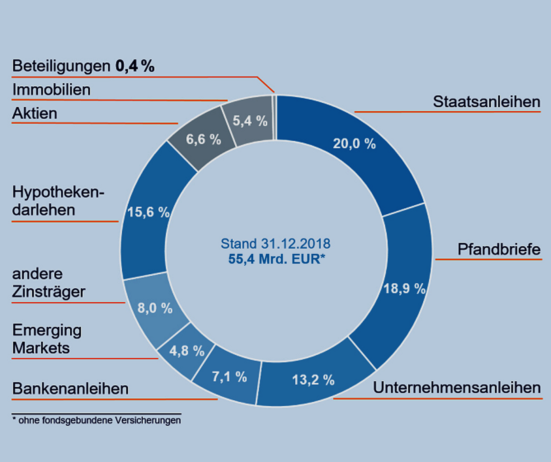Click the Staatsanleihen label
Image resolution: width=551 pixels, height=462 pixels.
click(x=486, y=102)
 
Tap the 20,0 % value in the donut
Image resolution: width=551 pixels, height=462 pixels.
click(x=354, y=144)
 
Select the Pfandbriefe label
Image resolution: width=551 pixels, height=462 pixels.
click(x=499, y=249)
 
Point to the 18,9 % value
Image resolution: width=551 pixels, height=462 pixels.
click(x=404, y=289)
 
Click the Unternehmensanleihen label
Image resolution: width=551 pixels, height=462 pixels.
click(x=456, y=388)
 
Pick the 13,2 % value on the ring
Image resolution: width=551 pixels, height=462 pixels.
click(x=313, y=380)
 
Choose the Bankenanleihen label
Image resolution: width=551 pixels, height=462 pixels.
click(x=70, y=388)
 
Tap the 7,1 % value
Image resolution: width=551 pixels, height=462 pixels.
click(x=229, y=377)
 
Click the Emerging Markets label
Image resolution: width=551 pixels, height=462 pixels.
click(x=47, y=339)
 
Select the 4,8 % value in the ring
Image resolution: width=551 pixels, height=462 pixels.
click(x=187, y=351)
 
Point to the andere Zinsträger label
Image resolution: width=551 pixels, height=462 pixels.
click(x=49, y=283)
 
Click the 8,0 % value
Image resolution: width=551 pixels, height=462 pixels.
click(x=155, y=308)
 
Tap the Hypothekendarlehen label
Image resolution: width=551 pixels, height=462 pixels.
click(x=58, y=201)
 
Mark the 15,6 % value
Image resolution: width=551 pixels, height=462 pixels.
click(x=148, y=212)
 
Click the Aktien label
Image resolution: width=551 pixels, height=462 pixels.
click(x=35, y=113)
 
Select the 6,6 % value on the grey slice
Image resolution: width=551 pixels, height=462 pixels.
click(x=204, y=140)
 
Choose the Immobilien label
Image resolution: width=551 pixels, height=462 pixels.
click(x=51, y=90)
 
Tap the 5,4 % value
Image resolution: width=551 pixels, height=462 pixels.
click(x=250, y=121)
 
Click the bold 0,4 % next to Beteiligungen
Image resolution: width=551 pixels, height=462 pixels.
click(x=135, y=66)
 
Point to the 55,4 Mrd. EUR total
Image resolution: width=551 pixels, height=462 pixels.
click(x=276, y=259)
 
